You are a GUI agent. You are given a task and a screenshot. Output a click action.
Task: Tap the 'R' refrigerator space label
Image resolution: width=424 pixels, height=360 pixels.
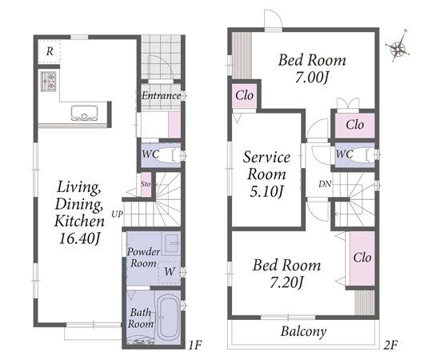pyautogui.click(x=50, y=51)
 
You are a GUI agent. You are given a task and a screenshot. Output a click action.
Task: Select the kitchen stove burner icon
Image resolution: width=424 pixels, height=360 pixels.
pyautogui.click(x=49, y=81)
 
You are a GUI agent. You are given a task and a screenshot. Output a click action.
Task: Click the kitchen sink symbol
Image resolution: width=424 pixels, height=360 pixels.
pyautogui.click(x=84, y=113)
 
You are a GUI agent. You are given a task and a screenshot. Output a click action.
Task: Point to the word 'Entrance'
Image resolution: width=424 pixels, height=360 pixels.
pyautogui.click(x=162, y=95)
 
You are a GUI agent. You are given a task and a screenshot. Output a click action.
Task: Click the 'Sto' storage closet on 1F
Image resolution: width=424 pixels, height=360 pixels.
pyautogui.click(x=146, y=185)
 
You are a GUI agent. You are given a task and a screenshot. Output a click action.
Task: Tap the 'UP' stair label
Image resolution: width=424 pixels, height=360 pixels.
pyautogui.click(x=118, y=214)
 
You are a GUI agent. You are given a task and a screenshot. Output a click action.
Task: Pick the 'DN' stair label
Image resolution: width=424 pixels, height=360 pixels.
pyautogui.click(x=325, y=184)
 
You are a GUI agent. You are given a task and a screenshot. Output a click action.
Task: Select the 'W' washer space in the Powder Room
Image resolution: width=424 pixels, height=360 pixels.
pyautogui.click(x=170, y=272)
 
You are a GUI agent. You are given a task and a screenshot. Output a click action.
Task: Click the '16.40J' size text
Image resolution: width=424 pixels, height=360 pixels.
pyautogui.click(x=79, y=238)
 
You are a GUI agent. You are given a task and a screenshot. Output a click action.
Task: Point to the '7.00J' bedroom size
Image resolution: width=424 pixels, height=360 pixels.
pyautogui.click(x=312, y=78)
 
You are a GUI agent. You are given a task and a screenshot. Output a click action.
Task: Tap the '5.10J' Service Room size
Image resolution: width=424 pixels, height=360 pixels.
pyautogui.click(x=266, y=191)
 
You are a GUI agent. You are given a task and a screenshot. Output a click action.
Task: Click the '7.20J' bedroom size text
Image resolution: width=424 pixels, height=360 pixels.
pyautogui.click(x=286, y=282)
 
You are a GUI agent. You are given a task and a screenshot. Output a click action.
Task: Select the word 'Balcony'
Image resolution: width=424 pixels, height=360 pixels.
pyautogui.click(x=303, y=332)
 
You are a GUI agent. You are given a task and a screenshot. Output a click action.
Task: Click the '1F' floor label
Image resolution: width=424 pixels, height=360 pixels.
pyautogui.click(x=195, y=345)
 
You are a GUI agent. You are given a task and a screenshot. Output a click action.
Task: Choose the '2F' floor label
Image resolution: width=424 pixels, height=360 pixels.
pyautogui.click(x=391, y=345)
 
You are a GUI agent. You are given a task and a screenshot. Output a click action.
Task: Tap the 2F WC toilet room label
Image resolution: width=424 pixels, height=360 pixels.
pyautogui.click(x=344, y=154)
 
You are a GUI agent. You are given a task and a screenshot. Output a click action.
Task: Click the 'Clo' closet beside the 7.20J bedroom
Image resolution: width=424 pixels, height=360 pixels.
pyautogui.click(x=362, y=258)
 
